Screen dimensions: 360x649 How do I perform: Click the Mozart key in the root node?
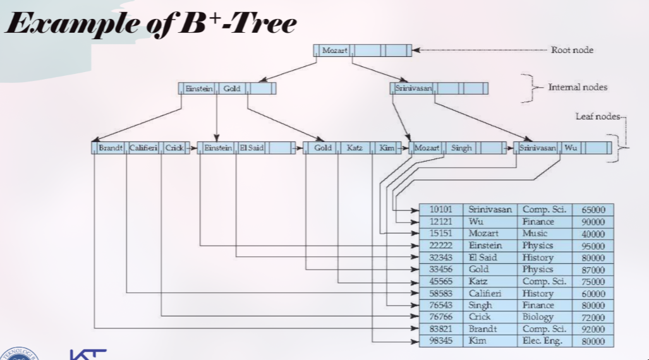point(334,50)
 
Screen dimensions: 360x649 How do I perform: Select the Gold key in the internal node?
point(232,88)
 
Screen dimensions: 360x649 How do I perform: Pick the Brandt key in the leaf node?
point(110,148)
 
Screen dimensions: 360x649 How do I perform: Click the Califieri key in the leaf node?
point(143,148)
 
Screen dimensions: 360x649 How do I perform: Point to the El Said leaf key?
point(251,148)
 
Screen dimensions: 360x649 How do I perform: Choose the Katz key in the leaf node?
point(354,148)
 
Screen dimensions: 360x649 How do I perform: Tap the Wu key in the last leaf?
point(571,148)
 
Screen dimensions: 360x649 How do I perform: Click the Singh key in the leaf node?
point(461,148)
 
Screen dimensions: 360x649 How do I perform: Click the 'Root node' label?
point(572,50)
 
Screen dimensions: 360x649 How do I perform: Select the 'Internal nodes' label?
point(577,87)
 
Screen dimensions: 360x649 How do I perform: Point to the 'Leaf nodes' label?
point(597,117)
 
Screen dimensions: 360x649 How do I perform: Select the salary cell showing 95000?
point(593,246)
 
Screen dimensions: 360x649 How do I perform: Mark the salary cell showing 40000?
point(593,234)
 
